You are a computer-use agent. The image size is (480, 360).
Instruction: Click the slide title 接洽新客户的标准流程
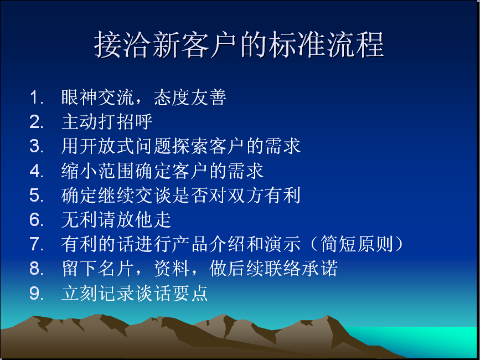tap(239, 45)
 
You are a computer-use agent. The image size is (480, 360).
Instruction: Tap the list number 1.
tap(37, 97)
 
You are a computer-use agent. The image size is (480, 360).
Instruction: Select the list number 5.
tap(36, 195)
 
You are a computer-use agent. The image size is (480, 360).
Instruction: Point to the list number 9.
tap(36, 293)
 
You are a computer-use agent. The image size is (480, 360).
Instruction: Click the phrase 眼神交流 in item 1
tap(97, 97)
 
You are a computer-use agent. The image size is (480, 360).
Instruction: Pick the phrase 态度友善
tap(190, 97)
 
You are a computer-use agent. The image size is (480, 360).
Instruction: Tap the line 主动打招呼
tap(107, 122)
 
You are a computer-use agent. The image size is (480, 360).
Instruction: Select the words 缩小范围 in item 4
tap(97, 171)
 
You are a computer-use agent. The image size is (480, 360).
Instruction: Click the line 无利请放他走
tap(116, 219)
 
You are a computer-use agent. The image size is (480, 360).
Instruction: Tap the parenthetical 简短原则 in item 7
tap(357, 244)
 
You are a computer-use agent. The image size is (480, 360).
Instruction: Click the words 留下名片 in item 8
tap(97, 269)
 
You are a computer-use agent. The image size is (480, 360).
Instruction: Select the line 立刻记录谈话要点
tap(135, 293)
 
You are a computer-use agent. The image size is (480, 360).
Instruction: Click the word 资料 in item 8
tap(172, 269)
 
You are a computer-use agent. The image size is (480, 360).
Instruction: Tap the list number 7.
tap(36, 244)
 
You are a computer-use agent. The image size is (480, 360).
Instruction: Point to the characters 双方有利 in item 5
tap(264, 195)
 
